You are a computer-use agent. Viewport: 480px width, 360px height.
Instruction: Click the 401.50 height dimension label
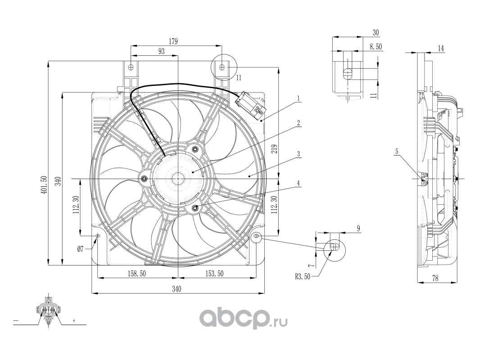[x=45, y=184]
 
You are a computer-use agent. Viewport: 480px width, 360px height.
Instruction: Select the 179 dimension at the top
[x=173, y=41]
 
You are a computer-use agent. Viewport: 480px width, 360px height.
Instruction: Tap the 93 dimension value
[x=161, y=51]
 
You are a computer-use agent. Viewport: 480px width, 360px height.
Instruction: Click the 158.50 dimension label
[x=136, y=273]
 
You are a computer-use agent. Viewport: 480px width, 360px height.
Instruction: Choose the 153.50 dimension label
[x=214, y=273]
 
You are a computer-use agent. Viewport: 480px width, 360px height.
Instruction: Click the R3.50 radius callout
[x=303, y=277]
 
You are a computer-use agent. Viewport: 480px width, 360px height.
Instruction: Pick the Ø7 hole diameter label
[x=80, y=249]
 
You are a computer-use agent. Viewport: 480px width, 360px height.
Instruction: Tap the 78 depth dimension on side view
[x=435, y=278]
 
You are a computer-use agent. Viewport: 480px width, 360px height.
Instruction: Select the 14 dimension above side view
[x=441, y=48]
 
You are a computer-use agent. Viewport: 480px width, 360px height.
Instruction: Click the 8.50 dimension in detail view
[x=376, y=47]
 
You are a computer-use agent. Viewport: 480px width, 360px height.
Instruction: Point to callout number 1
[x=299, y=99]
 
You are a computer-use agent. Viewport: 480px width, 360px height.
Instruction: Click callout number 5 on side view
[x=397, y=151]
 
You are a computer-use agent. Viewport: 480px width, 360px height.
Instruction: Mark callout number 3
[x=298, y=153]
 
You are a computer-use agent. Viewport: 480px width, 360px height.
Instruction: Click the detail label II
[x=239, y=78]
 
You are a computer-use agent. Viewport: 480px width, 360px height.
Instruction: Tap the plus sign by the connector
[x=74, y=320]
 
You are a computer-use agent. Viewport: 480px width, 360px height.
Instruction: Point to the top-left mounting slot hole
[x=131, y=67]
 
